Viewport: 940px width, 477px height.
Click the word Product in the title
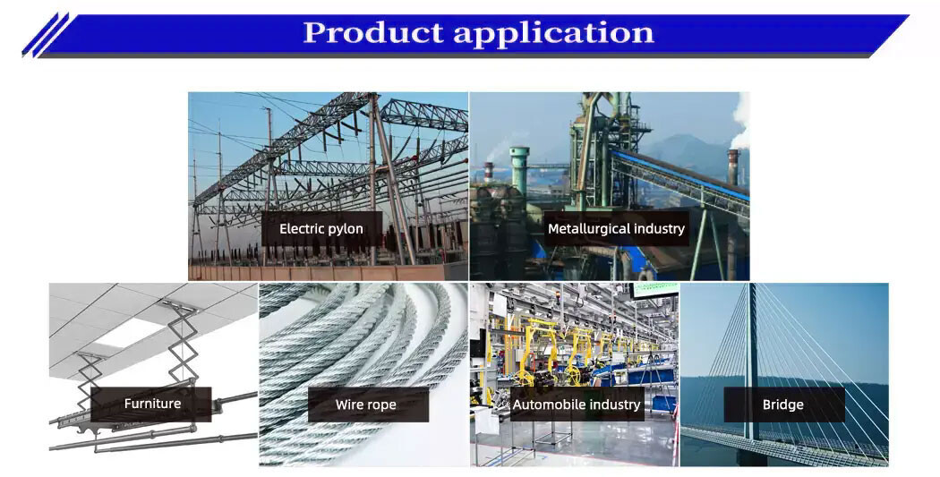point(372,33)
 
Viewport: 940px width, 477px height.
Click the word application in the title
point(553,34)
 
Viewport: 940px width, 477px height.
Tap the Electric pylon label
point(321,229)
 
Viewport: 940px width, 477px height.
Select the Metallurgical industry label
point(616,228)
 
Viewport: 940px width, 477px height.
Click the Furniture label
point(152,404)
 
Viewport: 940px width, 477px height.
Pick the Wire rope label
point(366,405)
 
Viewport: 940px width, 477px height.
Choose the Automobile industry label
point(577,405)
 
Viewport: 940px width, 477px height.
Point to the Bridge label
point(783,405)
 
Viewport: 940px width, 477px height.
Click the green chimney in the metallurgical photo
point(519,170)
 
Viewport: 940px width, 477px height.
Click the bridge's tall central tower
point(750,358)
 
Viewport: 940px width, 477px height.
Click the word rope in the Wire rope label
point(380,405)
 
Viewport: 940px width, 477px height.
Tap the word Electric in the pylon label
point(300,229)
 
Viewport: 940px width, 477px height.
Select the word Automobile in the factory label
point(547,405)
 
